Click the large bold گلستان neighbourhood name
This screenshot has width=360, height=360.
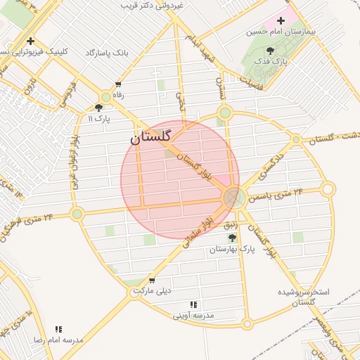point(155,138)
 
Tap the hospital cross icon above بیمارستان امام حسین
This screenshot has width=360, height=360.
point(281,21)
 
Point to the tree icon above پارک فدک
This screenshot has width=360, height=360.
point(271,51)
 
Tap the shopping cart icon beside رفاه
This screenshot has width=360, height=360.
point(105,96)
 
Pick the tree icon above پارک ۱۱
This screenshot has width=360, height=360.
point(98,108)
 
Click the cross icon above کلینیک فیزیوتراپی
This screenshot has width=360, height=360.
point(30,40)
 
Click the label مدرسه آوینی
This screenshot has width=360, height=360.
point(193,316)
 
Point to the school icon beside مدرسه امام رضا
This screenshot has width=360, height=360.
point(59,328)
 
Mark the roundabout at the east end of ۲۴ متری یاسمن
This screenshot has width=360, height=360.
point(328,188)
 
